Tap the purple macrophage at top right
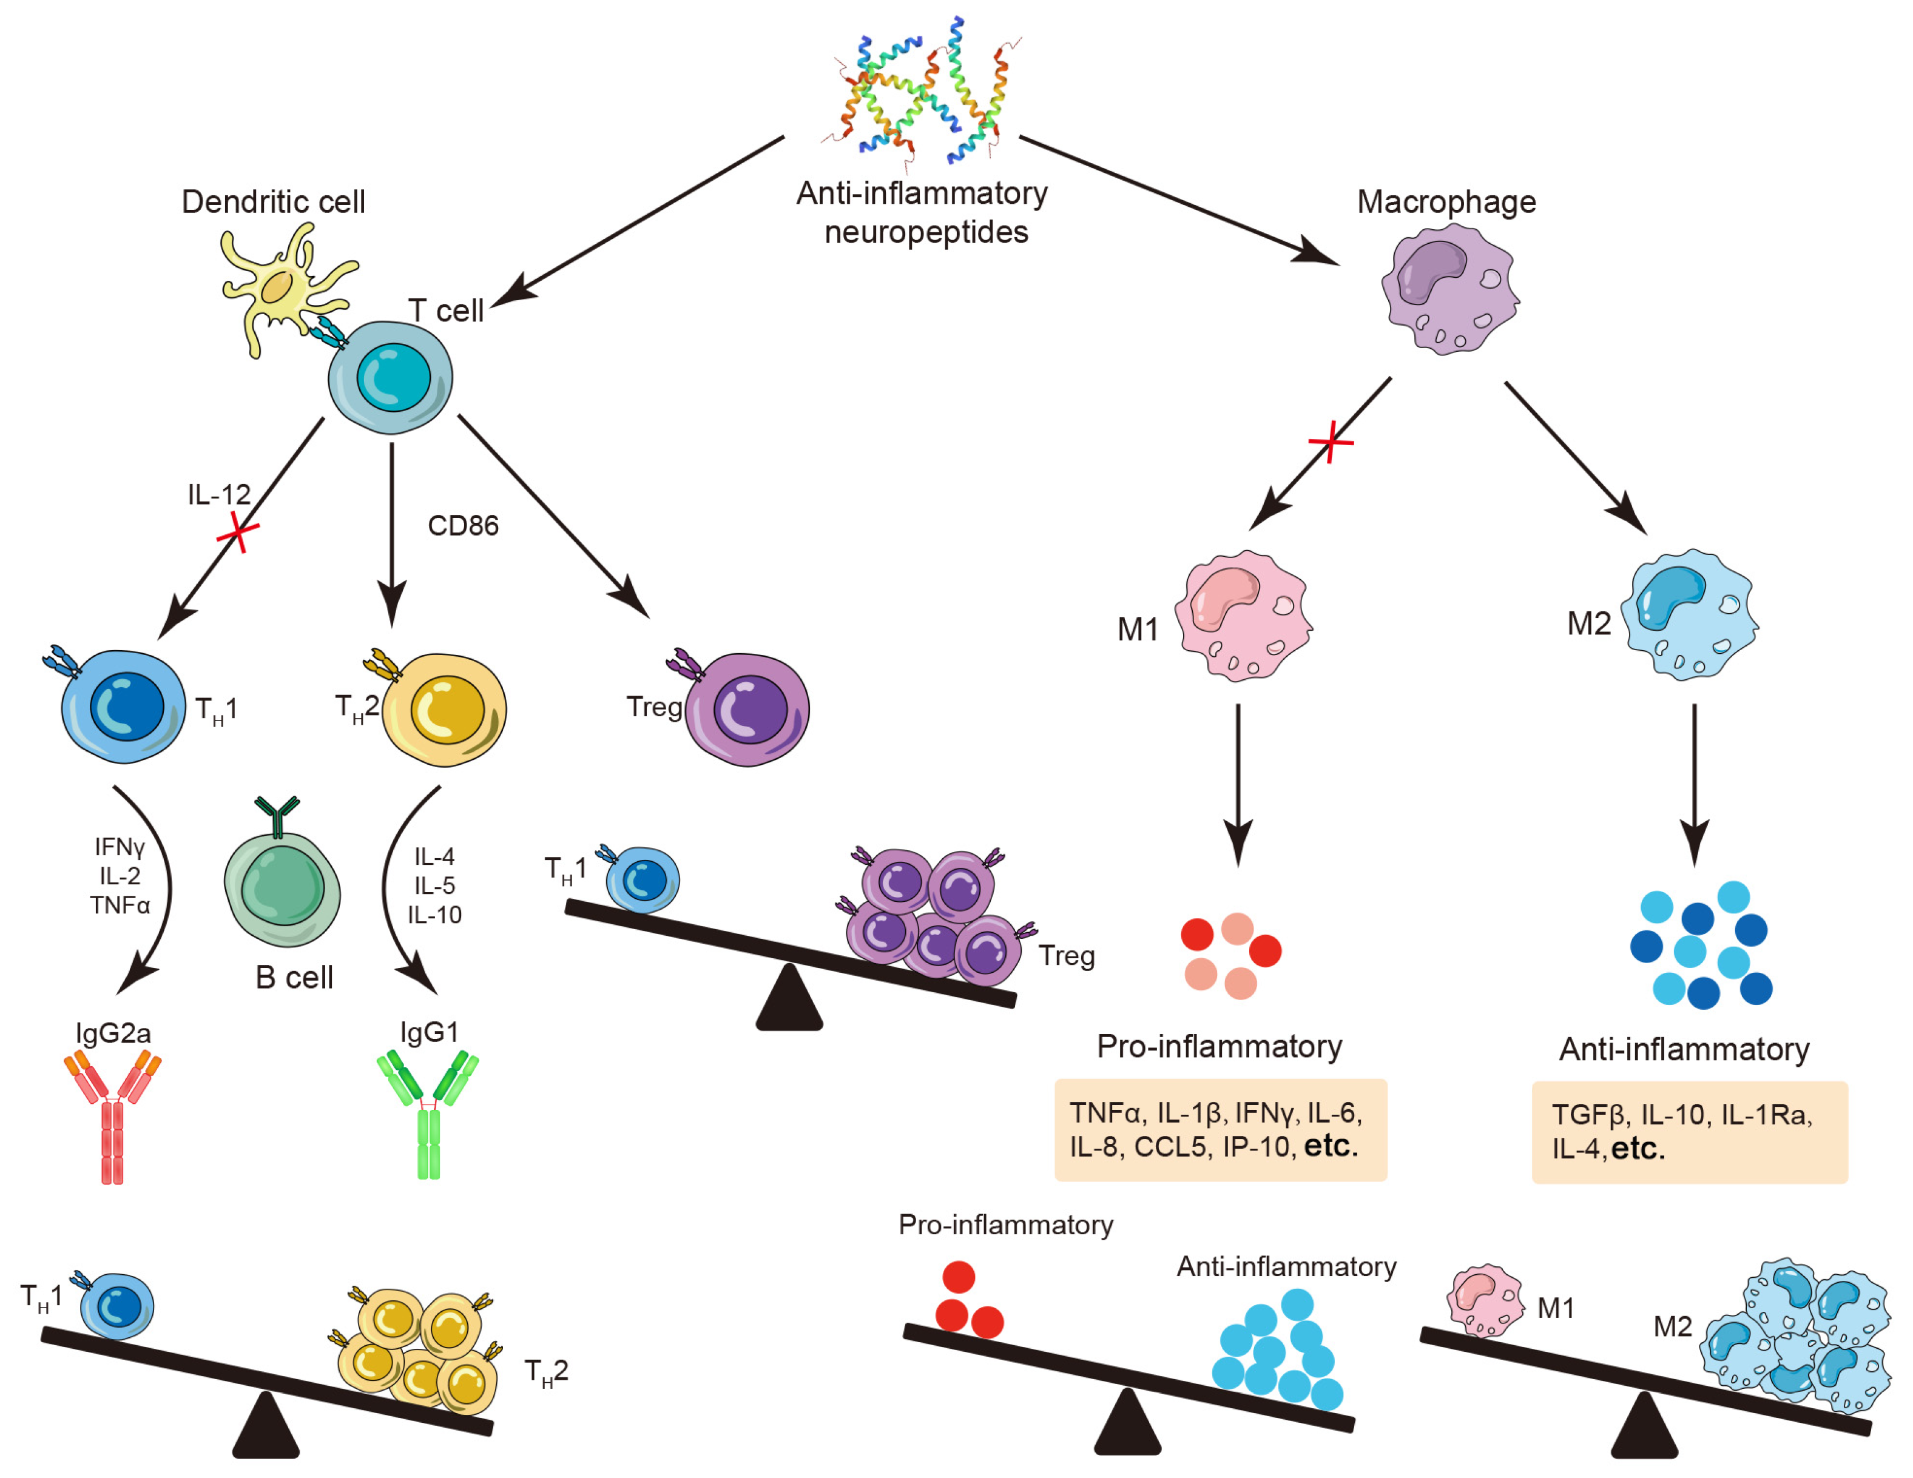[1449, 289]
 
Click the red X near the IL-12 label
[237, 531]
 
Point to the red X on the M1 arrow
[1331, 442]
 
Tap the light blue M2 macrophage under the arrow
[1688, 614]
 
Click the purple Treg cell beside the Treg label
[747, 709]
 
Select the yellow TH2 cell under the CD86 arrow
[445, 709]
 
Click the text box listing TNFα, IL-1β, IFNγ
[1220, 1129]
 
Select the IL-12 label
[219, 495]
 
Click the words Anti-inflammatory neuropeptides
[922, 213]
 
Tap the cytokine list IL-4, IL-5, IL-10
[434, 885]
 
